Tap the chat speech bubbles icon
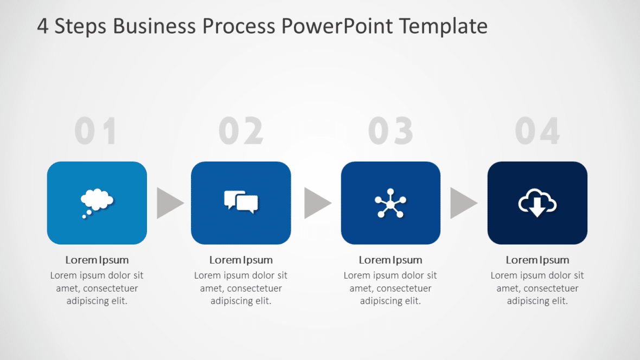[241, 202]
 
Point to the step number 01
[95, 132]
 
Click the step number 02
[241, 132]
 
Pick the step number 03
[391, 132]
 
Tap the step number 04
[537, 132]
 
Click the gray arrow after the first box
[169, 203]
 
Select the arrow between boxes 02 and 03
[316, 203]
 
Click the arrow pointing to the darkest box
[463, 203]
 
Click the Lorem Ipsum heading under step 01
[97, 260]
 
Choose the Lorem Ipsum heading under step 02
[241, 260]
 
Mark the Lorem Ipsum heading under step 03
[391, 260]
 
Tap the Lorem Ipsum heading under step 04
[537, 260]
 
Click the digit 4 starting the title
[42, 26]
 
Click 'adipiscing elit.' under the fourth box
[537, 301]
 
